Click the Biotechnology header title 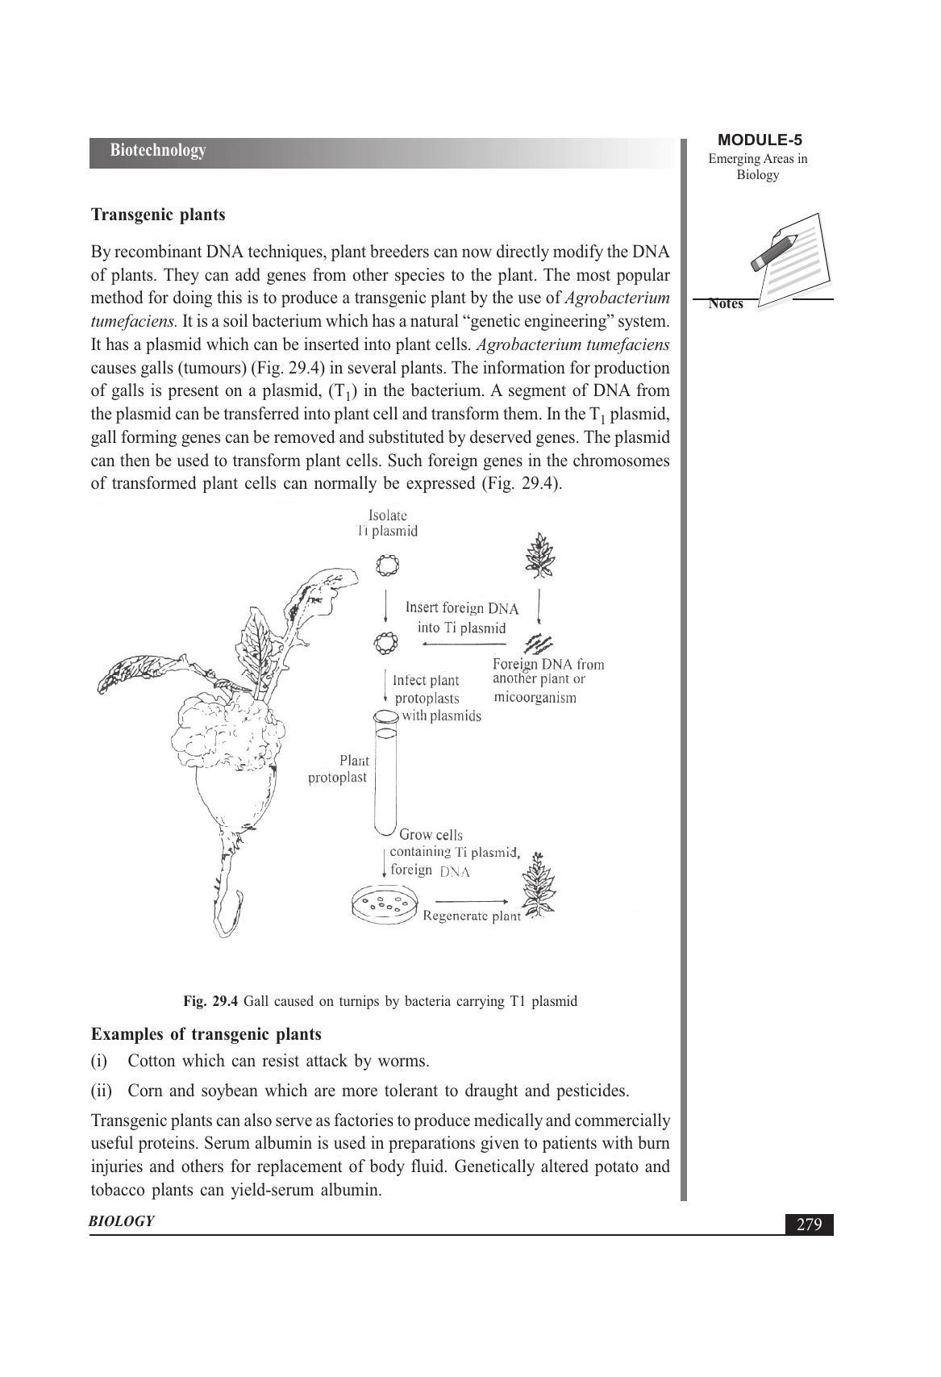[x=158, y=151]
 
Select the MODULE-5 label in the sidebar [x=759, y=140]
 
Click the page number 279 [x=809, y=1225]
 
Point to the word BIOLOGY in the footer [x=122, y=1221]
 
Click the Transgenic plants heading [x=158, y=215]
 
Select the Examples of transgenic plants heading [x=206, y=1034]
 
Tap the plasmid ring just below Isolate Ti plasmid [x=388, y=565]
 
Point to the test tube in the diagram [x=385, y=774]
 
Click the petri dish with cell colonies [x=385, y=904]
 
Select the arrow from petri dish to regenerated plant [x=472, y=901]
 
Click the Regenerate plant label [x=472, y=916]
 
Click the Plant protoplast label [x=339, y=769]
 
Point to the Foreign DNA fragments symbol [x=539, y=643]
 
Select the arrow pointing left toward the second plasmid [x=463, y=644]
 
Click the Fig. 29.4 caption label [x=210, y=1002]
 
